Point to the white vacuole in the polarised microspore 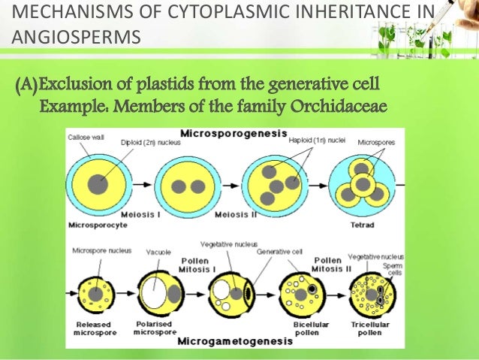click(x=153, y=289)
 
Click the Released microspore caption click(x=95, y=328)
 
